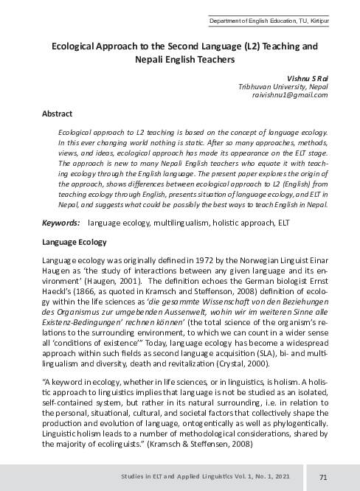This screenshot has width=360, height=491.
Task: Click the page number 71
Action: click(323, 477)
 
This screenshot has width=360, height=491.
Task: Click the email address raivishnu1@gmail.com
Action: click(294, 95)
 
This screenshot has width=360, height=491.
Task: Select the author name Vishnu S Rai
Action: click(305, 77)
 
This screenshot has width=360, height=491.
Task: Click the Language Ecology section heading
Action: click(74, 242)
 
